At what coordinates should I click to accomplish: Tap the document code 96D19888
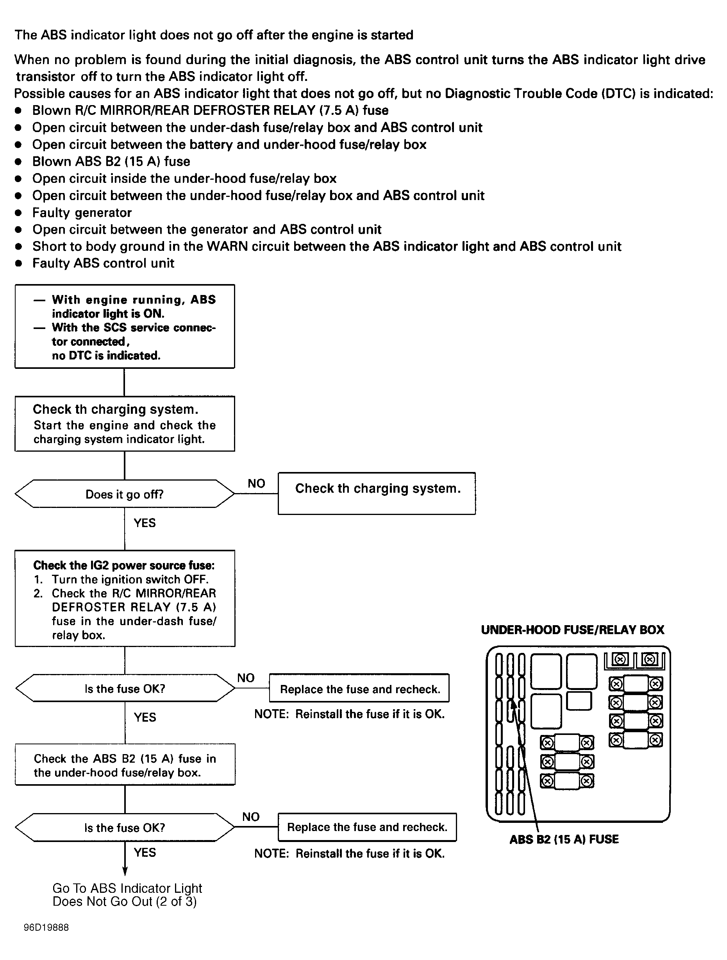46,928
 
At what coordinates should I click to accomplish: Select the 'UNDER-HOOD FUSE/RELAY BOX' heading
572,630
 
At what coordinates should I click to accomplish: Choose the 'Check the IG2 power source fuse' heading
124,565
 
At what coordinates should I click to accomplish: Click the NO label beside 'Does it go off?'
256,483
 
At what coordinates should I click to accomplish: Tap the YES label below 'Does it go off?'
145,522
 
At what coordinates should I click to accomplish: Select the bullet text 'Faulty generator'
82,212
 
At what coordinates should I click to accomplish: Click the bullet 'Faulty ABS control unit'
103,263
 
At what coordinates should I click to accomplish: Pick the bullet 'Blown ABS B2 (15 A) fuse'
111,161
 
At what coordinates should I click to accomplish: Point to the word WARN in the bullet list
227,246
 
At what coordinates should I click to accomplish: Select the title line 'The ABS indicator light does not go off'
214,35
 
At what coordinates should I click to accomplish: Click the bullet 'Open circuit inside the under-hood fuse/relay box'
184,179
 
